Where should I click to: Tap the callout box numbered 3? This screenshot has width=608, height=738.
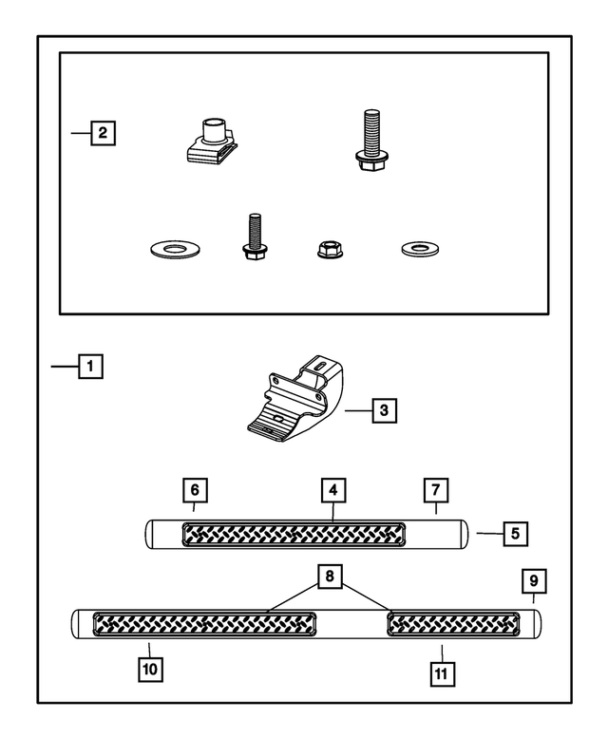click(383, 410)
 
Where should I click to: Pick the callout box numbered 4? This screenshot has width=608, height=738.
click(332, 491)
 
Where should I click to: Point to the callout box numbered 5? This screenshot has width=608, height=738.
click(514, 532)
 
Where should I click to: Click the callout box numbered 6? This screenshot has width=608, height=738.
click(194, 491)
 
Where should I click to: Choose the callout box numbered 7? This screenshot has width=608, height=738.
click(434, 491)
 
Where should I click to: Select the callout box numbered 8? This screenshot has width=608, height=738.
click(330, 576)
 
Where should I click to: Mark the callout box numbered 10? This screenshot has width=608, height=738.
click(150, 669)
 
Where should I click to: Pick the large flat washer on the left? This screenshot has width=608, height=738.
click(175, 250)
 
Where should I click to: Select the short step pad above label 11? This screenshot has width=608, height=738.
click(453, 624)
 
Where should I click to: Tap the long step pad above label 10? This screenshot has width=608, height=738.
click(204, 624)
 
